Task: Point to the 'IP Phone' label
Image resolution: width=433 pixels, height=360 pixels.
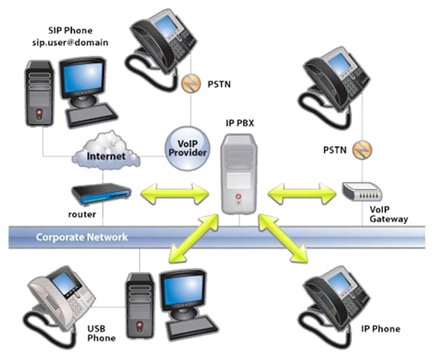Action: (x=380, y=329)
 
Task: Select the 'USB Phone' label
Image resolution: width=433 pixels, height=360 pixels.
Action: (x=100, y=333)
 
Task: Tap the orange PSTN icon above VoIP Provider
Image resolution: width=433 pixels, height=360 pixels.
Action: (x=188, y=82)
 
